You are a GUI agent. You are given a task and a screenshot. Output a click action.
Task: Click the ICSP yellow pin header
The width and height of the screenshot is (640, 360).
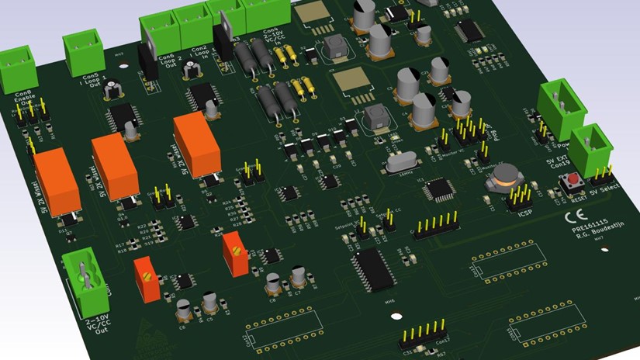pos(517,198)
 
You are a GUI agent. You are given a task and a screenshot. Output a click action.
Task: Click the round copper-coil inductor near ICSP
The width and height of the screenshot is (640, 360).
pos(501,179)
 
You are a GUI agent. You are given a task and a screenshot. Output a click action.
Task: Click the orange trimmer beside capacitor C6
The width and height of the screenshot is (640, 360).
pos(146,279)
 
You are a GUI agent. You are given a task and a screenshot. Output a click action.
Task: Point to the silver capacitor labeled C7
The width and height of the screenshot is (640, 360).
pos(299,278)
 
